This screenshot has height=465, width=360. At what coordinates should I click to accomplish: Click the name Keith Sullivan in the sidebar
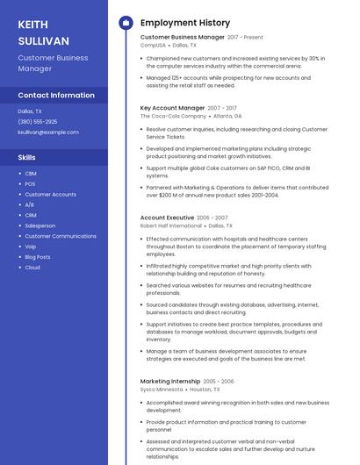pos(44,32)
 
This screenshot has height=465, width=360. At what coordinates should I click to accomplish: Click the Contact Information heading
pos(56,95)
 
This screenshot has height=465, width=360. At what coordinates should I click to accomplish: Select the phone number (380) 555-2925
pos(38,122)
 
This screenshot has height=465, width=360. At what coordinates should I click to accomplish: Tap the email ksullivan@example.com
pos(48,132)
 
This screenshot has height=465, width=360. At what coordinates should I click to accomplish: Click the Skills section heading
pos(27,157)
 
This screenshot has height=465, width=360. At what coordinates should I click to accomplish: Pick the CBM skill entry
pos(31,173)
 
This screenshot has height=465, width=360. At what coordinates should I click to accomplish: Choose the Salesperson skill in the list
pos(40,225)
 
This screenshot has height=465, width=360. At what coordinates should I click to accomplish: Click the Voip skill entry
pos(31,247)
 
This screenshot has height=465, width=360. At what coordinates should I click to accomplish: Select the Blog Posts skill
pos(38,257)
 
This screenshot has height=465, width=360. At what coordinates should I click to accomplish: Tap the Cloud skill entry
pos(32,268)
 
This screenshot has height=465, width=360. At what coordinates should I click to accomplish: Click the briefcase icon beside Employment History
pos(126,23)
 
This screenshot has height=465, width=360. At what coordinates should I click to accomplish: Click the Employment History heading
pos(185,23)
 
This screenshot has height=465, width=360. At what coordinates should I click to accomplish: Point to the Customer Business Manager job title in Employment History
pos(182,38)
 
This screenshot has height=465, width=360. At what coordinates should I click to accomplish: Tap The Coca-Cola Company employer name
pos(173,116)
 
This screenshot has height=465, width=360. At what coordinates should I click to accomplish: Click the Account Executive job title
pos(167,218)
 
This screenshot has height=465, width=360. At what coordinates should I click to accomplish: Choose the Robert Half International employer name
pos(170,225)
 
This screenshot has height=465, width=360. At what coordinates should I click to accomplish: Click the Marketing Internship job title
pos(170,382)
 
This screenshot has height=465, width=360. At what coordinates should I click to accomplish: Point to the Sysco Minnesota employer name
pos(161,390)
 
